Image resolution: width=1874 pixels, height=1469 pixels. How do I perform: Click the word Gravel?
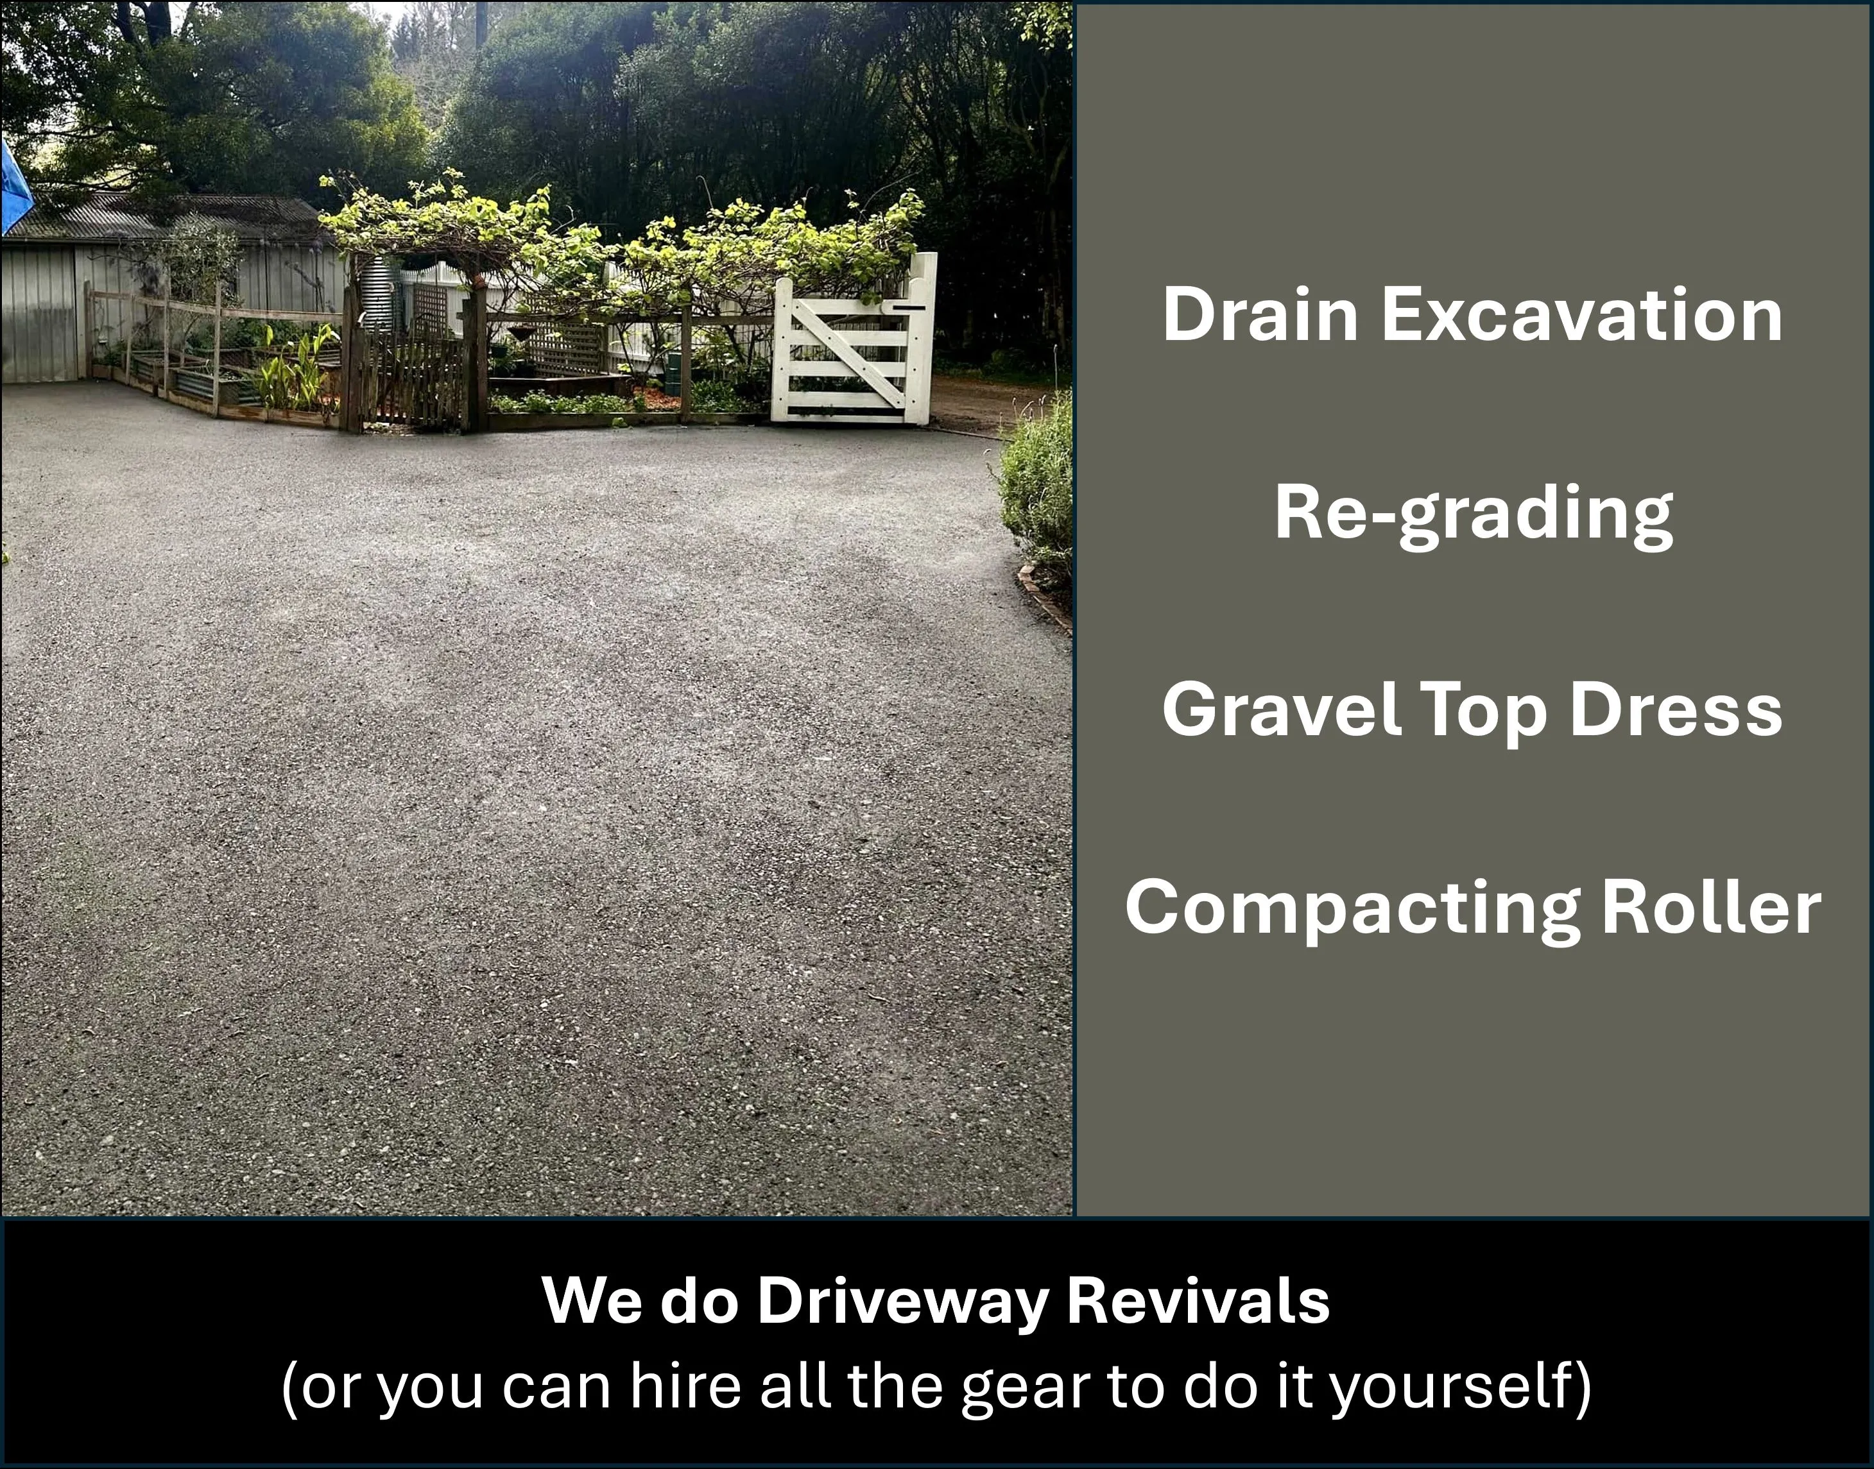pyautogui.click(x=1282, y=709)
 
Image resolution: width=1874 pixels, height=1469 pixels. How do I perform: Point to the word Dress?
pyautogui.click(x=1676, y=709)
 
